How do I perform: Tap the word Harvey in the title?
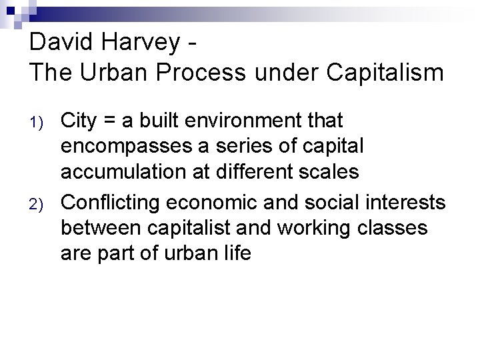(x=145, y=43)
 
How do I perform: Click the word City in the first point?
(x=79, y=121)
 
